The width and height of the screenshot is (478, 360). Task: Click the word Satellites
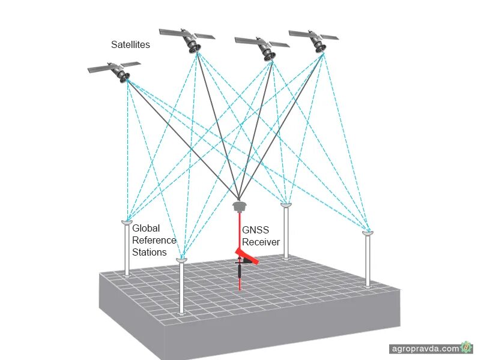(x=130, y=44)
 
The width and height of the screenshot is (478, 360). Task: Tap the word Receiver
(x=261, y=242)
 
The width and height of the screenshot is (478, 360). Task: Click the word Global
(x=145, y=228)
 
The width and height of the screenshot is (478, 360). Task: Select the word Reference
(x=154, y=240)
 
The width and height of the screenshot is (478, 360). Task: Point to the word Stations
(x=150, y=252)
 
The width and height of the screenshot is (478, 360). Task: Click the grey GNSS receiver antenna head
(x=239, y=206)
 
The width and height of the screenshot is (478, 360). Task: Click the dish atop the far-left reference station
(x=127, y=223)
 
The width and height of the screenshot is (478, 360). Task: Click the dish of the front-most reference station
(x=181, y=260)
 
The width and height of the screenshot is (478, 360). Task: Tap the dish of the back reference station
(x=286, y=205)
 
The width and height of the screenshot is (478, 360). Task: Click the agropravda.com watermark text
(x=424, y=348)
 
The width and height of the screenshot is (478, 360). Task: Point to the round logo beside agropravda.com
(x=466, y=347)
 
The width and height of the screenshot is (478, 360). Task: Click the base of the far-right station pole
(x=368, y=286)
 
